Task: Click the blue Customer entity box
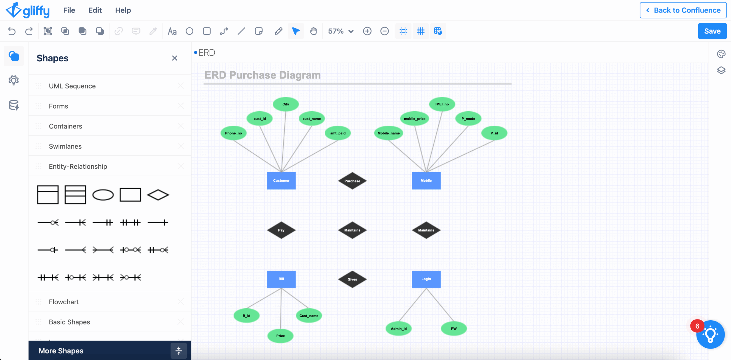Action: point(281,180)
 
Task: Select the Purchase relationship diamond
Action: point(352,181)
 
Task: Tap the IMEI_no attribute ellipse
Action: point(442,104)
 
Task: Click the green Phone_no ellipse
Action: point(233,133)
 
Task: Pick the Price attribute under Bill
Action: point(280,336)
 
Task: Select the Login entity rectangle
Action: point(426,279)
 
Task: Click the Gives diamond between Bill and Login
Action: point(352,279)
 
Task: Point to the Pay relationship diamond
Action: point(281,230)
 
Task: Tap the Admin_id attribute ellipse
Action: point(399,329)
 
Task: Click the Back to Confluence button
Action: point(683,10)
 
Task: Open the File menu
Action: point(69,10)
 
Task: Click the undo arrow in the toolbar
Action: point(12,31)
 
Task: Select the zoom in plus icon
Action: point(367,31)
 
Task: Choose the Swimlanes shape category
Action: point(65,146)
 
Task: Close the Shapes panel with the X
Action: point(175,58)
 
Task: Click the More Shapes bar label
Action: point(61,351)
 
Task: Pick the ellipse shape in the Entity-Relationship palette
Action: point(103,195)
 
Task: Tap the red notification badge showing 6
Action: point(697,326)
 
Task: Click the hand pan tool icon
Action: point(313,31)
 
